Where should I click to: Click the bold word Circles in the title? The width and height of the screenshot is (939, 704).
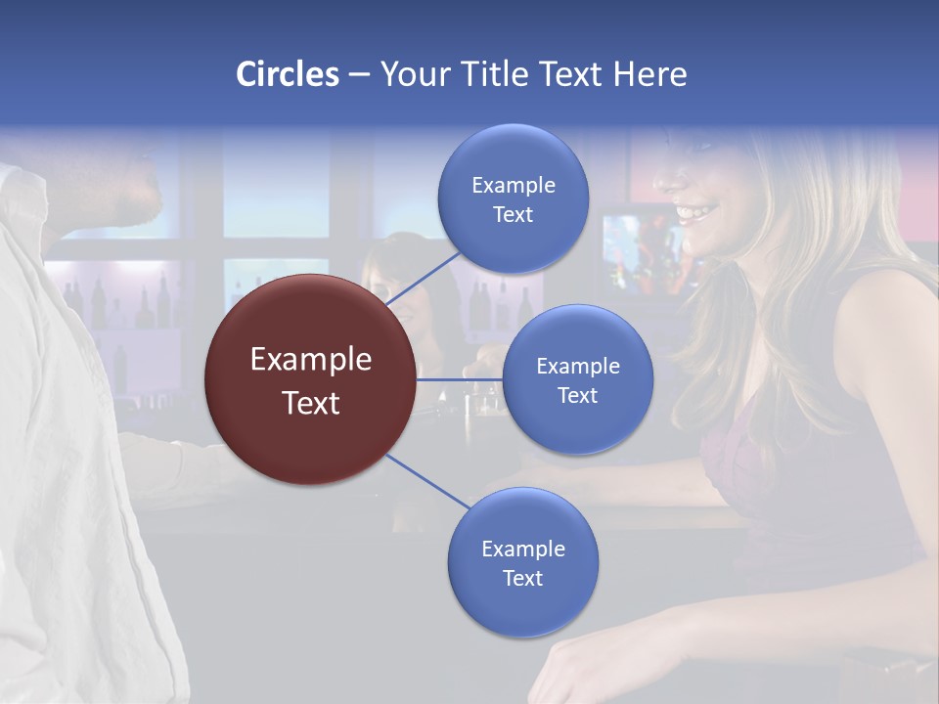288,74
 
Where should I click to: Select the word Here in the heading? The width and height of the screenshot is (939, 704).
650,74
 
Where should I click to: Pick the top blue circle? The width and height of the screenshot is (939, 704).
513,199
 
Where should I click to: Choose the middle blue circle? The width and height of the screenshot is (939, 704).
577,379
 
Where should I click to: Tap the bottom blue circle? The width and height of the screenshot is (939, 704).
522,563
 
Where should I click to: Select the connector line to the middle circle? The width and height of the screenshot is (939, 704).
460,379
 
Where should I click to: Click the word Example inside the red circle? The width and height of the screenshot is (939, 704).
311,360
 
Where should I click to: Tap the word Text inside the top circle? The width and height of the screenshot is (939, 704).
513,214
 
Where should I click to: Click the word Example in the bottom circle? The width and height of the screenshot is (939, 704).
522,549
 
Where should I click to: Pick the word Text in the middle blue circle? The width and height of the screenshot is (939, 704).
577,395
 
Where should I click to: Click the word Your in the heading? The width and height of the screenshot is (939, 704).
411,74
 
